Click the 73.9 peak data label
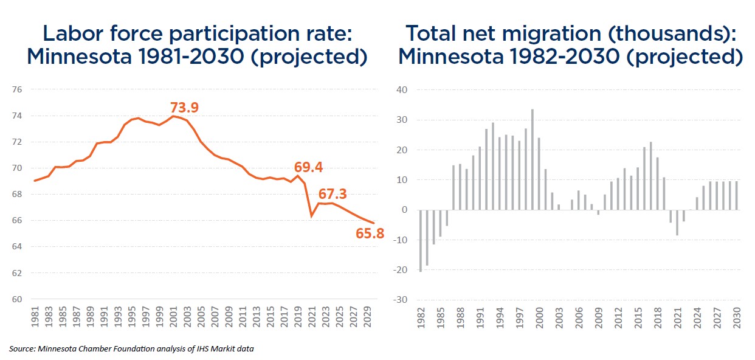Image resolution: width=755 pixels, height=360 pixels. [184, 108]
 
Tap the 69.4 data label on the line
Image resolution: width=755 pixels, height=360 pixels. [308, 167]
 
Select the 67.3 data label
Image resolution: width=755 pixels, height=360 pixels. [333, 194]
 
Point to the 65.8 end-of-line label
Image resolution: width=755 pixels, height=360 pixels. [370, 232]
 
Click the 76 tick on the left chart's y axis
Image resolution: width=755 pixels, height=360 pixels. [17, 90]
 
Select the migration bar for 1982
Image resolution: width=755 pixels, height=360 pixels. [420, 240]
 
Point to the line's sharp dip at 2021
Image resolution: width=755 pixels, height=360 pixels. [312, 215]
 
